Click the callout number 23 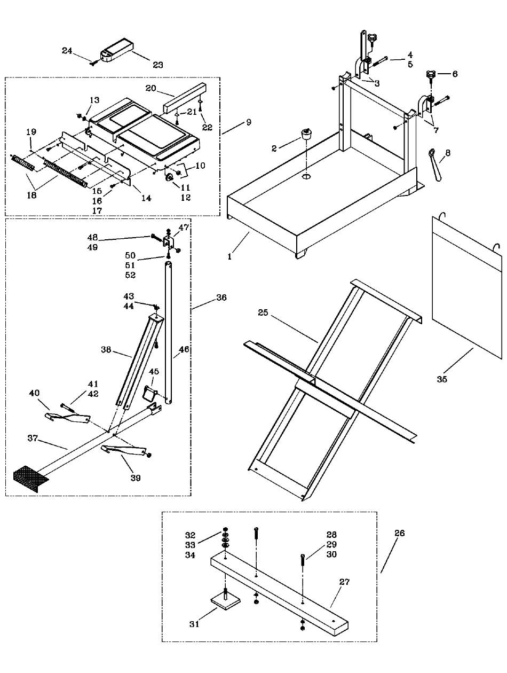tap(157, 65)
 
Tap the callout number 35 tap(441, 379)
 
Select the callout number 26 tap(399, 533)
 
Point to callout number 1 tap(229, 256)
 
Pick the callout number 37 tap(33, 438)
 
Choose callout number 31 tap(194, 624)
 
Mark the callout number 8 tap(447, 153)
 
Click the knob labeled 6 tap(431, 75)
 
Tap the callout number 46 tap(184, 350)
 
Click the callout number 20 tap(151, 89)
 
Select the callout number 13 tap(94, 100)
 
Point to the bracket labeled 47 tap(169, 244)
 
